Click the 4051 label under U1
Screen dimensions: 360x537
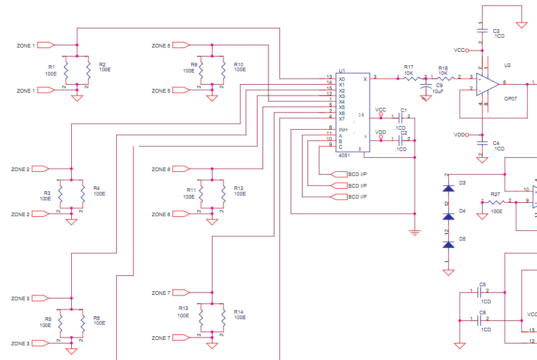pyautogui.click(x=344, y=155)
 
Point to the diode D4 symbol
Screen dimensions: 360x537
pyautogui.click(x=449, y=217)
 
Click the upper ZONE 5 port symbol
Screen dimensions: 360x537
pyautogui.click(x=181, y=45)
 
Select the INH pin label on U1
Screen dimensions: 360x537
pyautogui.click(x=343, y=130)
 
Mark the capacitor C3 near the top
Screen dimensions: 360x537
pyautogui.click(x=481, y=30)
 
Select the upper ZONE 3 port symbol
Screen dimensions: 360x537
pyautogui.click(x=40, y=298)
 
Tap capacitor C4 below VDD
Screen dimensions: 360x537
pyautogui.click(x=481, y=143)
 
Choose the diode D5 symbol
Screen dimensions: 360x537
pyautogui.click(x=449, y=245)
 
